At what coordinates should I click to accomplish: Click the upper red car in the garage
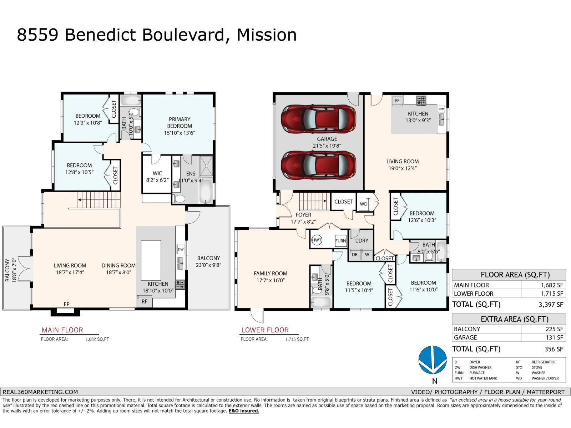click(x=318, y=119)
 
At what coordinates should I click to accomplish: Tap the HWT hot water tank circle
click(x=317, y=240)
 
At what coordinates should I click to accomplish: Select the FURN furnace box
click(x=340, y=241)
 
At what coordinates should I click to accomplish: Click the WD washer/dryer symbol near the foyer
click(x=364, y=204)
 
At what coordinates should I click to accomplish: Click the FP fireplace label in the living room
click(x=67, y=304)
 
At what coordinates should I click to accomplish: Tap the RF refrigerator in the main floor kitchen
click(x=145, y=301)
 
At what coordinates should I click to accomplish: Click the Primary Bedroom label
click(x=180, y=122)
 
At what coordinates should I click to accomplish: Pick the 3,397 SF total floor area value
click(x=551, y=305)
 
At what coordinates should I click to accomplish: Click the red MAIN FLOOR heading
click(x=62, y=330)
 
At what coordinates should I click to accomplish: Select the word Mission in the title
click(x=267, y=35)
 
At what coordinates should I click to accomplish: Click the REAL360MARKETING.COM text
click(x=40, y=392)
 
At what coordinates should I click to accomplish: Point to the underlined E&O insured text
click(x=244, y=411)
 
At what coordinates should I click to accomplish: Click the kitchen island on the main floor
click(x=151, y=260)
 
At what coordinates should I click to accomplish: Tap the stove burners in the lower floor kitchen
click(x=421, y=100)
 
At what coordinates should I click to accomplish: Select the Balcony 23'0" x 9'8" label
click(x=209, y=261)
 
